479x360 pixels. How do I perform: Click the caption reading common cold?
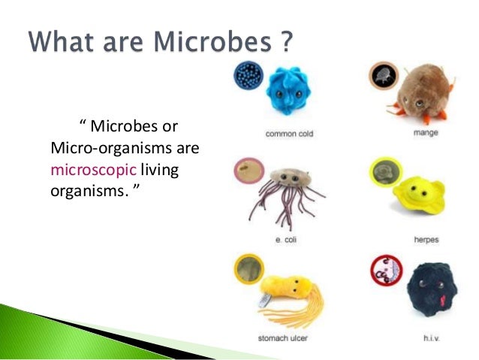coord(289,135)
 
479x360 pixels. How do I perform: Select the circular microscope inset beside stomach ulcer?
coord(247,270)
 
